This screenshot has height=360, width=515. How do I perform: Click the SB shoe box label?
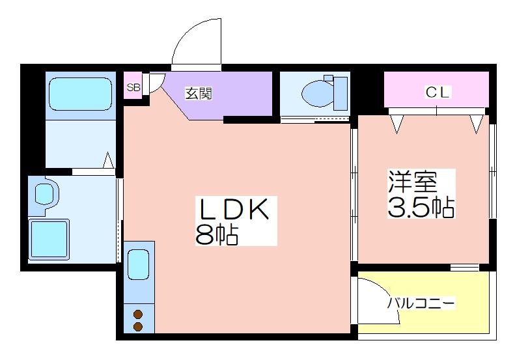tap(133, 88)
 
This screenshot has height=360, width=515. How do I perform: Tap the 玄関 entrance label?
tap(199, 94)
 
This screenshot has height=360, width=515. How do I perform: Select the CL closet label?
tap(437, 92)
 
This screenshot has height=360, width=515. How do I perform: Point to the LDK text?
tap(235, 209)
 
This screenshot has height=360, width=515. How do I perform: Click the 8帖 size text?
tap(216, 234)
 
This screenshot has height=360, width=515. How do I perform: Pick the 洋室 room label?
tap(413, 182)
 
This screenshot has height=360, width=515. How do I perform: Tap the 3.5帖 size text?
tap(421, 207)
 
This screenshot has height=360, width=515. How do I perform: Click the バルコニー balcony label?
tap(421, 303)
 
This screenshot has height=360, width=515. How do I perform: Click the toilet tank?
tap(341, 93)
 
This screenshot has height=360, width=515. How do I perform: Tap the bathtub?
tap(81, 94)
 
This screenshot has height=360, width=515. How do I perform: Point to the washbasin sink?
tap(44, 193)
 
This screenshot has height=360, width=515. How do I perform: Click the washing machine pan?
tap(49, 240)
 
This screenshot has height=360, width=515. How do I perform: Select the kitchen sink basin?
tap(138, 264)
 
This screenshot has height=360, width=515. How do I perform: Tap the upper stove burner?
tap(138, 314)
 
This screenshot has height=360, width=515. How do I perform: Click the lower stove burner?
tap(138, 327)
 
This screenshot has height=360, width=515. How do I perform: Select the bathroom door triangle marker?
tap(109, 160)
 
